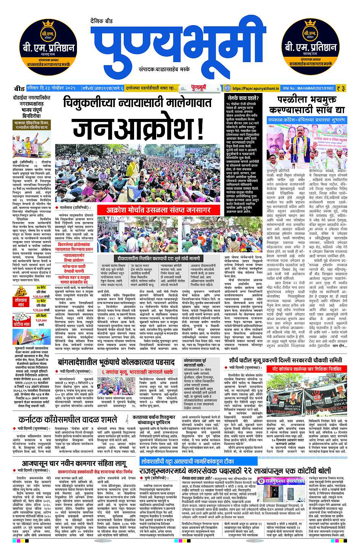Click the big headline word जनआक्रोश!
coord(139,130)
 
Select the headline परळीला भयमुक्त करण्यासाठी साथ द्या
coord(307,105)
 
